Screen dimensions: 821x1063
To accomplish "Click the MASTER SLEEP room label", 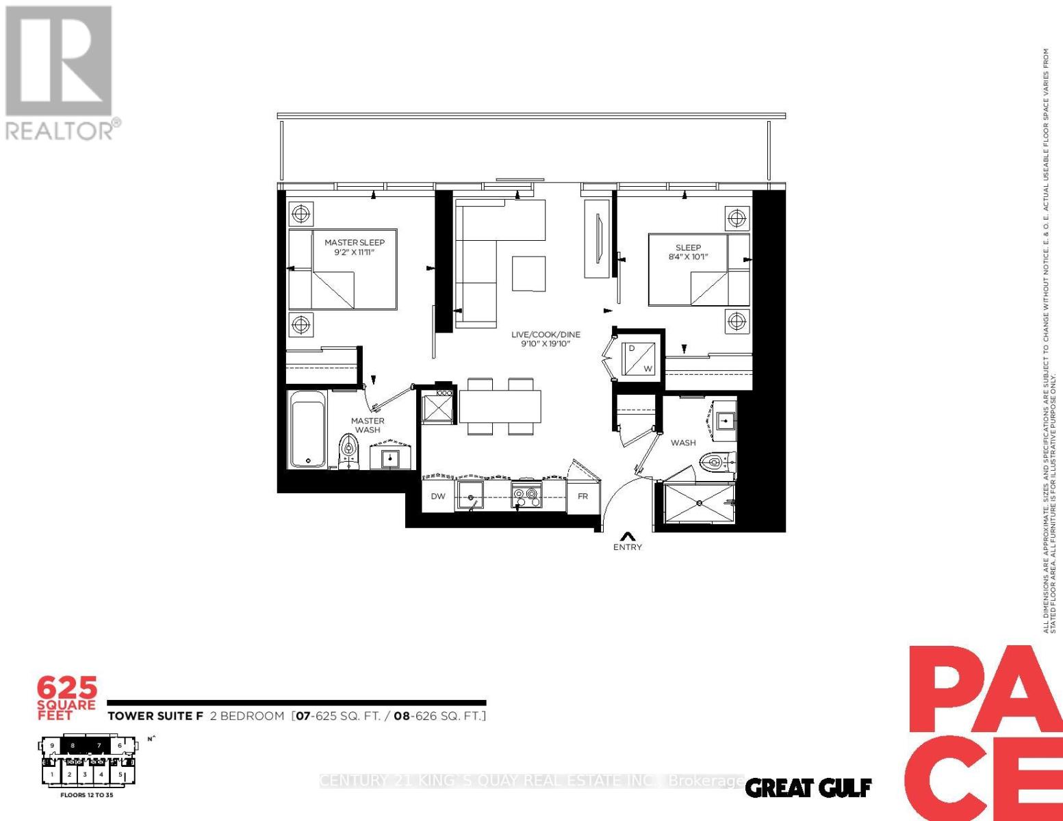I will (x=354, y=242).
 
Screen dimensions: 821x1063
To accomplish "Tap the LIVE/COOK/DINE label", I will (x=546, y=335).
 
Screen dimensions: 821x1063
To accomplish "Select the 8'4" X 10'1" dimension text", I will (x=688, y=257).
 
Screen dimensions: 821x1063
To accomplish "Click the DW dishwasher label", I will (x=438, y=496).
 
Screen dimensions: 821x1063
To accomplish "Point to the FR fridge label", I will (x=582, y=496).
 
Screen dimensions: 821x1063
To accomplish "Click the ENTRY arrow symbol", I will (x=627, y=536).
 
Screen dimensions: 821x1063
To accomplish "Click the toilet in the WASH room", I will (x=716, y=462).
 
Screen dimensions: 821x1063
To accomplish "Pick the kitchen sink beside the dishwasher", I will (x=470, y=495).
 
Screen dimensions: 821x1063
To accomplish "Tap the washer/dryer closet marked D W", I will (x=639, y=358).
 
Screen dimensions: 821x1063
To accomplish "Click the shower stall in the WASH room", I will (x=699, y=503).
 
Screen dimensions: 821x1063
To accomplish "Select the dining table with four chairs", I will (x=500, y=406).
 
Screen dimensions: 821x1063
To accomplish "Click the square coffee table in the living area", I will (x=529, y=273).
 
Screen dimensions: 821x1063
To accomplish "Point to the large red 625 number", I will (x=67, y=688).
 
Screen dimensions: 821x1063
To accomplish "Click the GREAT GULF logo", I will (x=808, y=788).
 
